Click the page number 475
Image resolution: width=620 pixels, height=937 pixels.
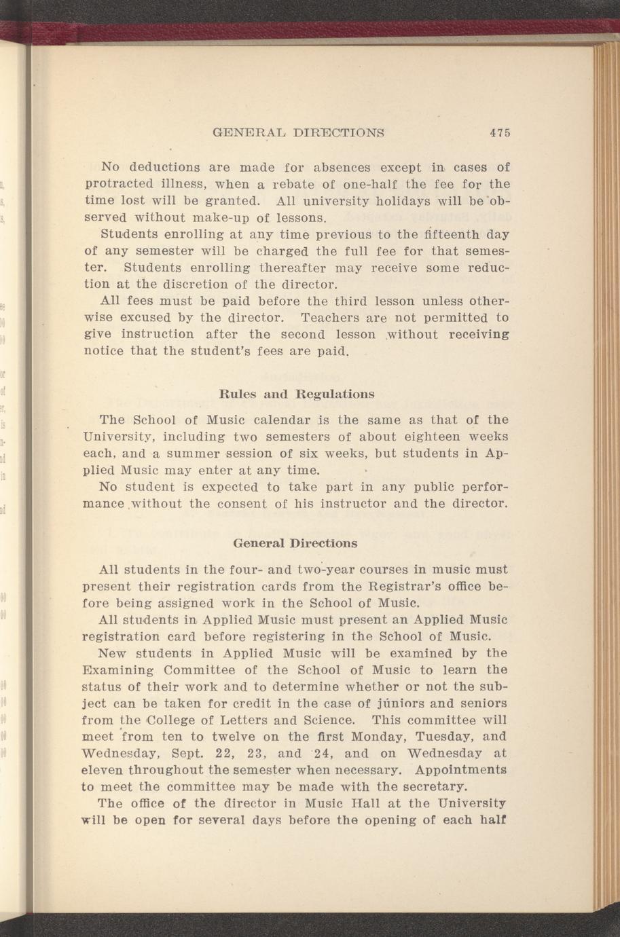499,132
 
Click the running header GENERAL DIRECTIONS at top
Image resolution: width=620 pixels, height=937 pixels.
299,132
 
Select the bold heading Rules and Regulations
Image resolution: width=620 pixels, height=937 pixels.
297,394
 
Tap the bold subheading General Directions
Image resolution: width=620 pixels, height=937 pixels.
295,544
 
